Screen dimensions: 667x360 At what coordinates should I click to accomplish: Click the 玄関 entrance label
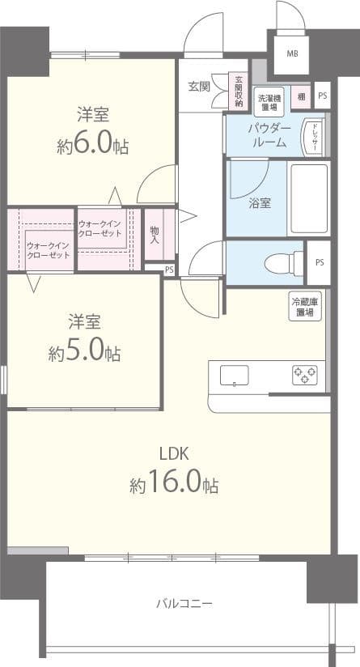(199, 86)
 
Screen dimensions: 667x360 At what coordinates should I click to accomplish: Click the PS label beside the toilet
(320, 262)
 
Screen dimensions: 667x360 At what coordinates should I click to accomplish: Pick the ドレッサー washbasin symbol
(311, 137)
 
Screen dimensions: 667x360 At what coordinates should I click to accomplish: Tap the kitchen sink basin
(235, 376)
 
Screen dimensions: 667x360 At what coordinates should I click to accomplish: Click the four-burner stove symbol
(305, 375)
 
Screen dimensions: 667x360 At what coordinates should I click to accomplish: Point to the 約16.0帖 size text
(173, 484)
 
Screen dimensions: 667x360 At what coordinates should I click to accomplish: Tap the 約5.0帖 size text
(84, 353)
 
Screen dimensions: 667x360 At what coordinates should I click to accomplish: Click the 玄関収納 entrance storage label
(239, 90)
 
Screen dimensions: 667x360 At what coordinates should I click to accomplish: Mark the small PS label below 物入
(168, 269)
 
